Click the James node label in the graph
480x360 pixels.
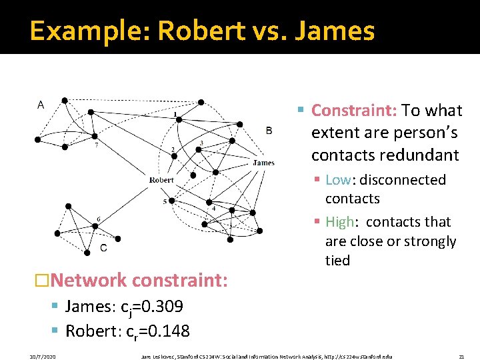(263, 163)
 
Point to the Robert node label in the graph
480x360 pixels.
(161, 180)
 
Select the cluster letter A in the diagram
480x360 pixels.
(41, 105)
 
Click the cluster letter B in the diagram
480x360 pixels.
(269, 131)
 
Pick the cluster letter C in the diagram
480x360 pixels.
(103, 248)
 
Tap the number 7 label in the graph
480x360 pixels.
(97, 145)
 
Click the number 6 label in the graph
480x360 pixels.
(99, 219)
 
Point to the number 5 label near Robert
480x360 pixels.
(165, 201)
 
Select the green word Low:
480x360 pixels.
(338, 180)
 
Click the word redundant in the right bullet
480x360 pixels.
(419, 155)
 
